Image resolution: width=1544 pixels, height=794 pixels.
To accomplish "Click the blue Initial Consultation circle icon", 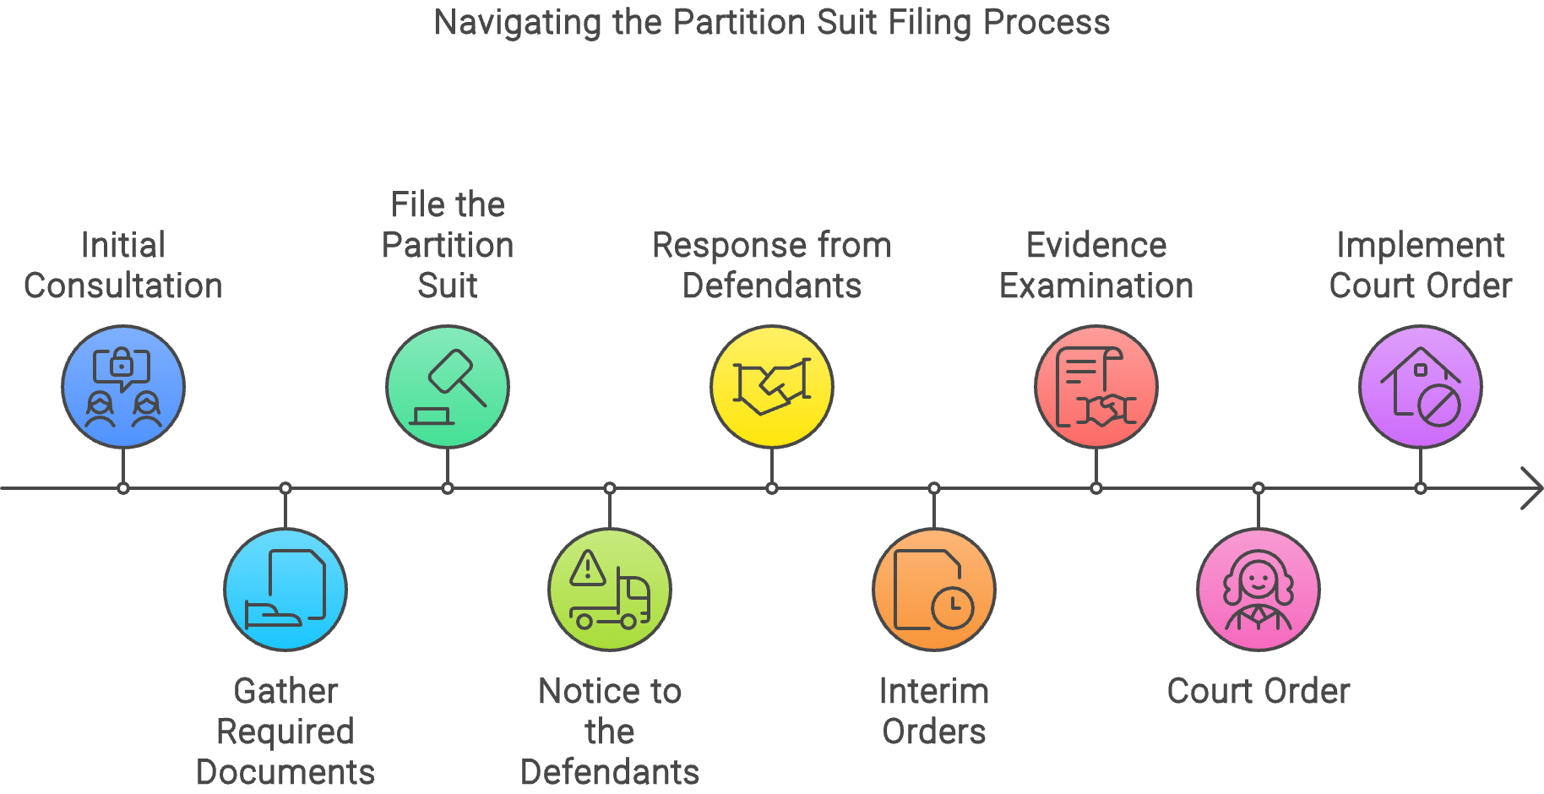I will point(123,387).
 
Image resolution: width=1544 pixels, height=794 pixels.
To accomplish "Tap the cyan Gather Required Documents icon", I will point(285,590).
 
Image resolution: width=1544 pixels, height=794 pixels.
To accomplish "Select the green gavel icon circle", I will point(448,387).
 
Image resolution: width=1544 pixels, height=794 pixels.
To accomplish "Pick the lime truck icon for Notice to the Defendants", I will point(610,590).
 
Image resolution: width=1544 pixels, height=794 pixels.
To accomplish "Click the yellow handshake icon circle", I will point(772,387).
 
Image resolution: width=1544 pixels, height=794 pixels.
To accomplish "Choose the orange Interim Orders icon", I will point(934,590).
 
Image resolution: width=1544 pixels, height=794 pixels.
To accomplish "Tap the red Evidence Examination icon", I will point(1096,387).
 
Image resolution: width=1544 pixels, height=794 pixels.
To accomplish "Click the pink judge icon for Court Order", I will point(1259,590).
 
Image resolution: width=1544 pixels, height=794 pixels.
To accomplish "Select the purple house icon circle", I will point(1421,387).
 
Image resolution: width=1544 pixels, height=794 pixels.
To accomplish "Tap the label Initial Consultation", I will point(123,265).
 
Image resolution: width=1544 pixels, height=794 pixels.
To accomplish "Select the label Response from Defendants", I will point(772,265).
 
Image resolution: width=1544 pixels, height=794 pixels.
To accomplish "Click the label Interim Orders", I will point(934,711).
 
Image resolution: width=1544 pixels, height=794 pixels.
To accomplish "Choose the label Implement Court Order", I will point(1421,265).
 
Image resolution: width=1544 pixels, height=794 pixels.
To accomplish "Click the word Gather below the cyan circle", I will point(285,691).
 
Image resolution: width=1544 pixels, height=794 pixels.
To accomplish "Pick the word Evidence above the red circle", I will point(1096,245).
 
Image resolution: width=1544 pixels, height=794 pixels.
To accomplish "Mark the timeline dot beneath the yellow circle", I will point(772,488).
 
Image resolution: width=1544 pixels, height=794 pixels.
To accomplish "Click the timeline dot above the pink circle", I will point(1259,488).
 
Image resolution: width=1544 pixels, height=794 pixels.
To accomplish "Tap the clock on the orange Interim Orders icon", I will point(953,606).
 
